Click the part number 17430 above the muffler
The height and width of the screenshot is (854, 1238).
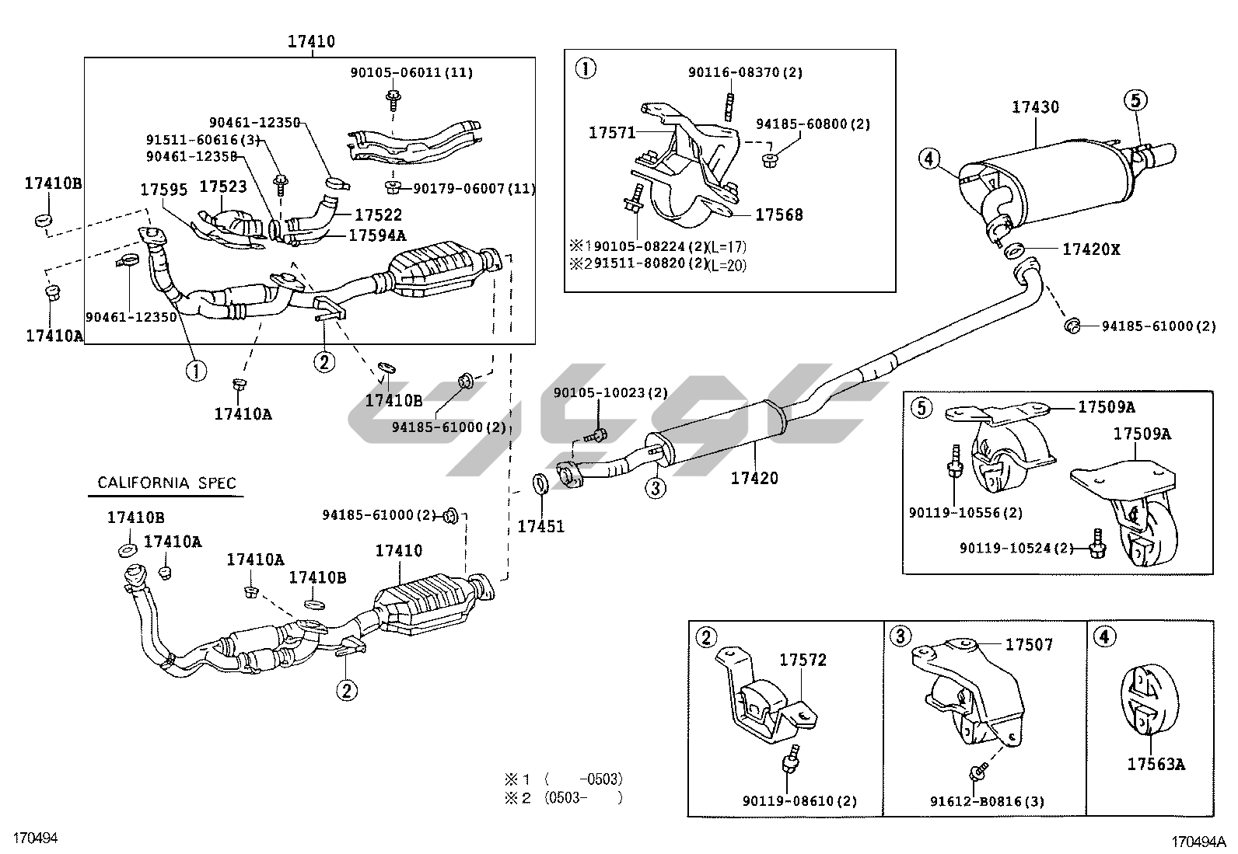1035,107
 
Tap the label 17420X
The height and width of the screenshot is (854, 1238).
1092,249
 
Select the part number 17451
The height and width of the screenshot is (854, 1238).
540,526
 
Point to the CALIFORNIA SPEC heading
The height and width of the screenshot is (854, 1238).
166,483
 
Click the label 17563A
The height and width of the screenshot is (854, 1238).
1156,765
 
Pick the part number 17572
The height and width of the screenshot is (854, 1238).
803,660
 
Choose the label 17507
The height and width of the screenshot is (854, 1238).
1029,644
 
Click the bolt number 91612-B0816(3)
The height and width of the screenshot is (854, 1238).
988,802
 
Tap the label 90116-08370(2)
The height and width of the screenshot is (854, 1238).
745,72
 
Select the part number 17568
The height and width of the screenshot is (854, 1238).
779,214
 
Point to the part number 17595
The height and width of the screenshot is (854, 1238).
163,190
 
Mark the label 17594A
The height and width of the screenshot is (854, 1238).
377,235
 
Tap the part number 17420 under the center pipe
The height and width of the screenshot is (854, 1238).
754,479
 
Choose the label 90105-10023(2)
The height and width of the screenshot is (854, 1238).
610,393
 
